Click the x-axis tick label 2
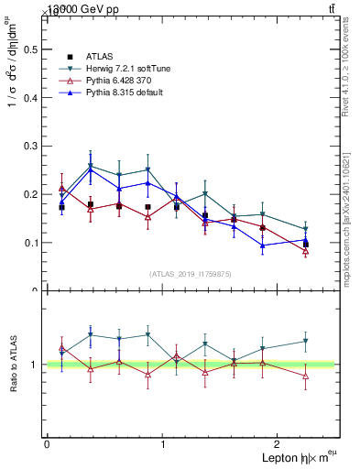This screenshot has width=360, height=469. tap(278, 443)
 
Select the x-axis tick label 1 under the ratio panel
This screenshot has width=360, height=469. tap(162, 443)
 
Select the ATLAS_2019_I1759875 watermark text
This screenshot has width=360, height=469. tap(191, 274)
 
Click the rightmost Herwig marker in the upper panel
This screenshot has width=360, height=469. tap(306, 229)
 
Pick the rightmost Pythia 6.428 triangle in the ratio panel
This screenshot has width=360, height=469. tap(306, 376)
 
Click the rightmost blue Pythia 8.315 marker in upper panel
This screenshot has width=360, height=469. tap(306, 240)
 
